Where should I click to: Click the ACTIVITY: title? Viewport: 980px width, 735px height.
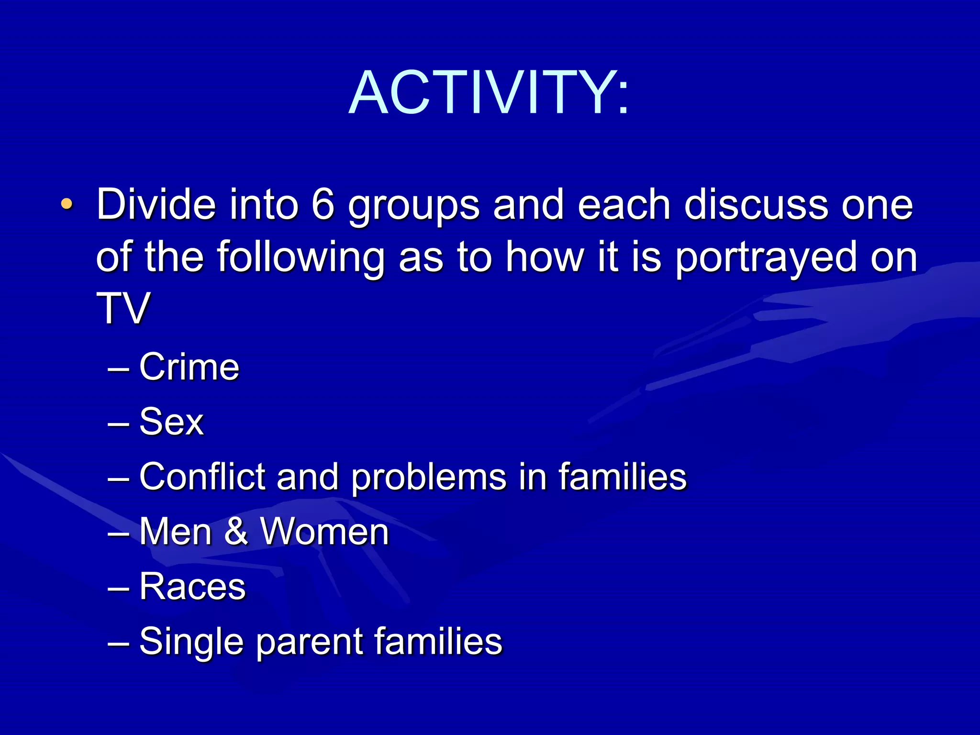pos(489,92)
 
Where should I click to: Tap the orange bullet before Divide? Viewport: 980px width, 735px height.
pos(67,205)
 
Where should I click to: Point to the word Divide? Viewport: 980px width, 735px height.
pos(156,205)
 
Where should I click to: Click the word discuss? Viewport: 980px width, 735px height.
pos(756,205)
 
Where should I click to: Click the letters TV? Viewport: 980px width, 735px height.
pos(123,309)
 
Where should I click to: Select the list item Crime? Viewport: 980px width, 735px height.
pos(189,367)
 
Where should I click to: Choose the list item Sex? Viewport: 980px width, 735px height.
pos(171,422)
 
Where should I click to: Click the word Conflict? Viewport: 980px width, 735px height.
pos(202,477)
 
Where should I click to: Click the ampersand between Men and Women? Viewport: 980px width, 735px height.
pos(236,532)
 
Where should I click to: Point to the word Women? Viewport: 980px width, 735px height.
pos(324,532)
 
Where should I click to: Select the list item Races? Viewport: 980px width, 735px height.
pos(192,587)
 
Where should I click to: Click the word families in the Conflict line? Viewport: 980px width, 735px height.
pos(622,477)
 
